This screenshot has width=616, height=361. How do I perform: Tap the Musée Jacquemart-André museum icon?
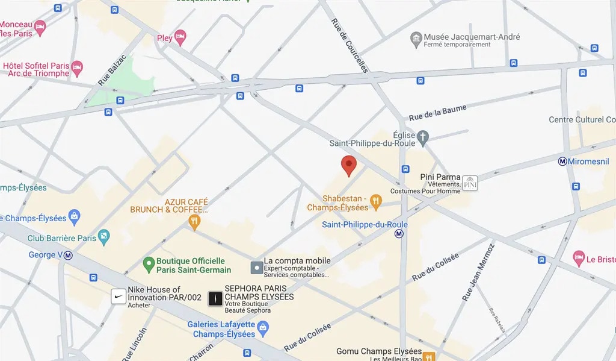coord(416,40)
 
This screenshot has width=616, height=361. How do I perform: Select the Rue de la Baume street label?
coord(437,112)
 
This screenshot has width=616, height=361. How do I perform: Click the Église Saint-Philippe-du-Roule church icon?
coord(423,137)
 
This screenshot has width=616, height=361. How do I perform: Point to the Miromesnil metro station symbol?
coord(563,161)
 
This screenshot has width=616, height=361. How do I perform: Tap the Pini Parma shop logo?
coord(470,183)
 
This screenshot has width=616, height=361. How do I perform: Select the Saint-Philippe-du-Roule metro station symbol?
coord(399,235)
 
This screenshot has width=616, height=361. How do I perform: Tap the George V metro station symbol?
coord(69,255)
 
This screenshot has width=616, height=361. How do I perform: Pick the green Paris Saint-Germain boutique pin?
coord(149,264)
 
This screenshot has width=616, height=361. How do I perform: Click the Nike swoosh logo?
coord(119,297)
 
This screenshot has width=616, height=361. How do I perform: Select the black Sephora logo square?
coord(215,298)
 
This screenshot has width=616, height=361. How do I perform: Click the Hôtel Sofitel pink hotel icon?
coord(77,67)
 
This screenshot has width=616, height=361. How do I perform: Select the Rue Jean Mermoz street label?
coord(478,272)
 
